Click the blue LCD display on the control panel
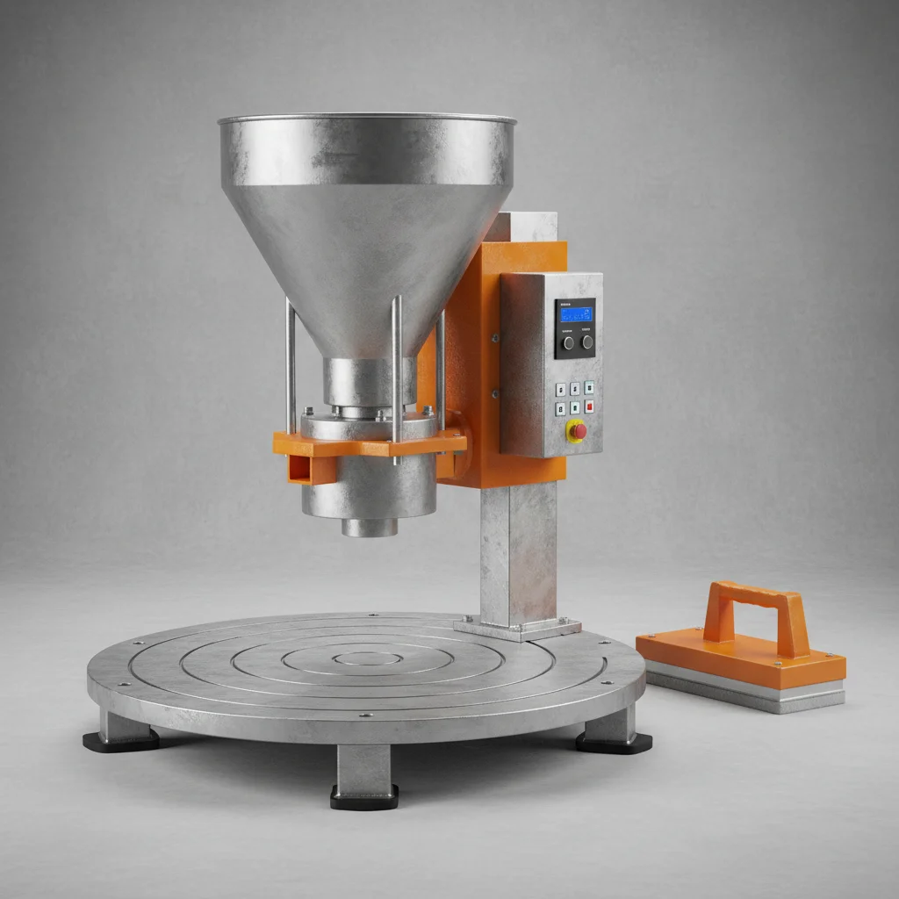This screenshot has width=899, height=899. [x=577, y=313]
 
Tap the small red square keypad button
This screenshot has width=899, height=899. [x=589, y=406]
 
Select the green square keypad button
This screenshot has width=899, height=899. [x=574, y=407]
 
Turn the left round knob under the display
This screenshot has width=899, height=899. [x=568, y=342]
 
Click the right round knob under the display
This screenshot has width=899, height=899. [x=586, y=342]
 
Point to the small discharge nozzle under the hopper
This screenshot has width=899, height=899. [x=370, y=527]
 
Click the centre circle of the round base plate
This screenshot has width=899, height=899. [x=369, y=658]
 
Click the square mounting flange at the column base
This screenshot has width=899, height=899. [x=518, y=628]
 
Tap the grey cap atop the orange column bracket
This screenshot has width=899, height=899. [x=523, y=227]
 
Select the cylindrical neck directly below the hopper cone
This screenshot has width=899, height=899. [x=369, y=380]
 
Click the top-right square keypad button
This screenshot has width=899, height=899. [x=589, y=387]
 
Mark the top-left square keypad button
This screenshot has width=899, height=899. [x=560, y=389]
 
